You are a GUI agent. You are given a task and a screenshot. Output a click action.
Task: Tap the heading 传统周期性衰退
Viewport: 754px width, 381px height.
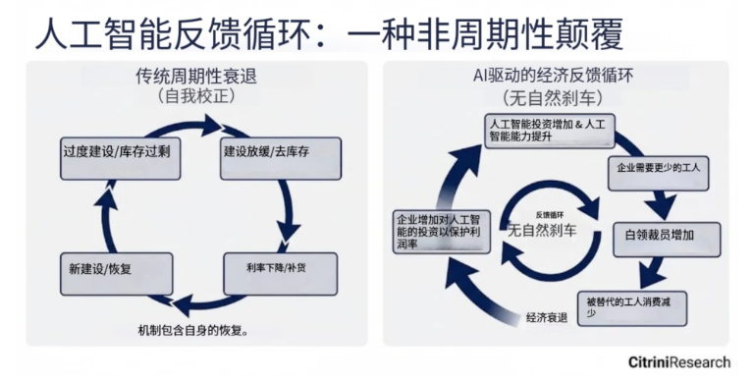tap(202, 76)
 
